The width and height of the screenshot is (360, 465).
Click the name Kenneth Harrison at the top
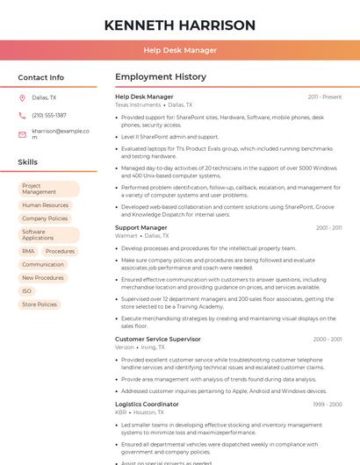click(x=180, y=25)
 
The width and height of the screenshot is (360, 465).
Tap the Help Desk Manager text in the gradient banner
click(x=180, y=50)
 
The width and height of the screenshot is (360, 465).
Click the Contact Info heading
click(x=40, y=77)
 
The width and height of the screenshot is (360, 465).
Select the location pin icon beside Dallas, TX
click(x=22, y=97)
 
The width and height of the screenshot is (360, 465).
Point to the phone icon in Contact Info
click(x=22, y=115)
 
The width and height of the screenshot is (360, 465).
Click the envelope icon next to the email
click(x=22, y=134)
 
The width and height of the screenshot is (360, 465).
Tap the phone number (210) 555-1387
click(x=49, y=115)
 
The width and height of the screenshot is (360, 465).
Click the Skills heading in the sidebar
click(x=28, y=162)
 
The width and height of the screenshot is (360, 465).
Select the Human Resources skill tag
click(x=45, y=205)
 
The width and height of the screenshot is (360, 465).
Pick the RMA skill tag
click(x=28, y=251)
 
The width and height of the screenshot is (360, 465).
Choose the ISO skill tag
click(x=27, y=291)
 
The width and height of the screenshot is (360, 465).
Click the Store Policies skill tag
click(x=40, y=304)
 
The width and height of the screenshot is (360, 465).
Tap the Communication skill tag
click(x=43, y=264)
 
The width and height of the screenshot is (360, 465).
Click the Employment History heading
click(x=161, y=77)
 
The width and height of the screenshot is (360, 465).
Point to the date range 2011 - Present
click(x=325, y=97)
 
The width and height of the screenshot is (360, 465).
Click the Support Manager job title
click(x=140, y=227)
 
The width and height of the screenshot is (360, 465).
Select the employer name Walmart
click(x=126, y=236)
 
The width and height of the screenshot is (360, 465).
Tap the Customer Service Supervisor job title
click(x=158, y=339)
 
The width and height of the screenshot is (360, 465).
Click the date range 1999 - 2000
click(x=328, y=404)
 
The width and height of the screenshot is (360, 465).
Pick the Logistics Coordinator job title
click(x=147, y=404)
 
